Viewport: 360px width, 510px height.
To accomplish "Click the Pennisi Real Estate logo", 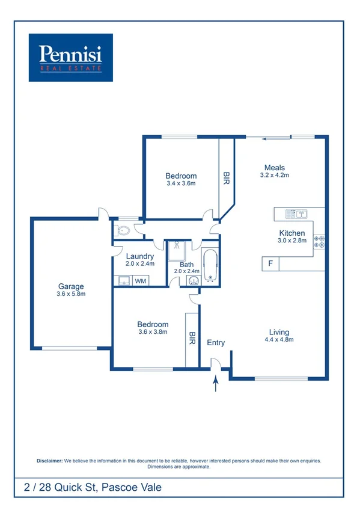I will pos(70,57).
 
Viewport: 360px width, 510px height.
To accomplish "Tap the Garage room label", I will pos(71,286).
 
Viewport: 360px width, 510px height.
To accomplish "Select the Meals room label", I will pos(275,168).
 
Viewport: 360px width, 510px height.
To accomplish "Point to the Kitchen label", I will pos(292,233).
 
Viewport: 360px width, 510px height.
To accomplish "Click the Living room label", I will pos(279,332).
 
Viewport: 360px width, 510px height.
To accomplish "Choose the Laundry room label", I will pos(140,256).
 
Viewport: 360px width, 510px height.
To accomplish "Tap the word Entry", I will pos(216,342).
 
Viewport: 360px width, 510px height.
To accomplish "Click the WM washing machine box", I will pos(140,281).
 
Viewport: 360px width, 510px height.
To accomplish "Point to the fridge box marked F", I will pos(270,263).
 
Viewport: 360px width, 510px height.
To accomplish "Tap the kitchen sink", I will pos(296,213).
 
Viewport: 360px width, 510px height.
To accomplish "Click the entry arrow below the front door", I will pos(215,383).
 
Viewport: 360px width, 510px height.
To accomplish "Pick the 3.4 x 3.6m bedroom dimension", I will pos(182,184).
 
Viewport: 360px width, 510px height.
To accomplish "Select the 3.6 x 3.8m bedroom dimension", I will pos(153,332).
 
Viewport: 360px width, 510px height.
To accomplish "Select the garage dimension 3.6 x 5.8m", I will pos(71,294).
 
